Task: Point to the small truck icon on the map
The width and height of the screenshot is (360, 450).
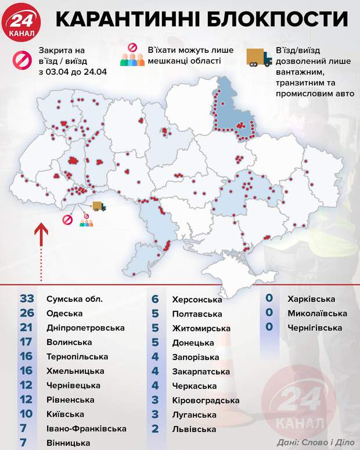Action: coord(99,206)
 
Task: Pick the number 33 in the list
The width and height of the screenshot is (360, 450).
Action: coord(27,298)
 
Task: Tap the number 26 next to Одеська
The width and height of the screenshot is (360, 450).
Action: coord(27,313)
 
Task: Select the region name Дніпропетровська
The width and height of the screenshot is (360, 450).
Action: coord(85,327)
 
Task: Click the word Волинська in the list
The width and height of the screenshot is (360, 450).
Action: coord(69,342)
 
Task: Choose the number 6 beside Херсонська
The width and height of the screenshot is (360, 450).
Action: coord(156,299)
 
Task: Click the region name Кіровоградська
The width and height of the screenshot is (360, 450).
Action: coord(206,400)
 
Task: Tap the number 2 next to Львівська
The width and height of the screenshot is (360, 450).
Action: coord(156,429)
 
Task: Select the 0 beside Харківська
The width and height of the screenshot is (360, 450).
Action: coord(269,298)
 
